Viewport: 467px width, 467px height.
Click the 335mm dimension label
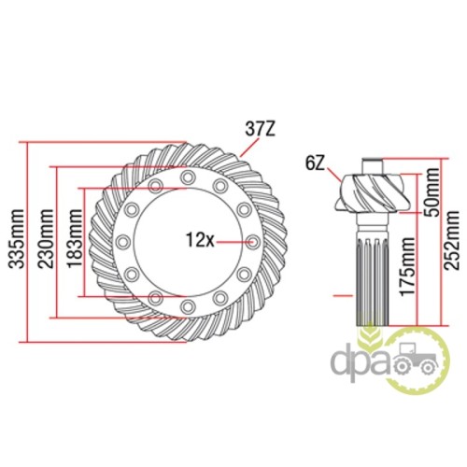(16, 239)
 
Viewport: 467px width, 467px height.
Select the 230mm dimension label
(46, 239)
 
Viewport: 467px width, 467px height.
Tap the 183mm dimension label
(75, 239)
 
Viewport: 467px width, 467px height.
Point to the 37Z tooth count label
(261, 129)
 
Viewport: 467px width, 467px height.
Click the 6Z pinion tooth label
(315, 164)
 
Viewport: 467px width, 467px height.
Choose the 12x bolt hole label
(200, 240)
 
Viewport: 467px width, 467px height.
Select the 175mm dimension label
(407, 267)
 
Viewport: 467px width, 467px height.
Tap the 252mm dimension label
(452, 240)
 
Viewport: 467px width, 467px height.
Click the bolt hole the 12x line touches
(253, 242)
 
